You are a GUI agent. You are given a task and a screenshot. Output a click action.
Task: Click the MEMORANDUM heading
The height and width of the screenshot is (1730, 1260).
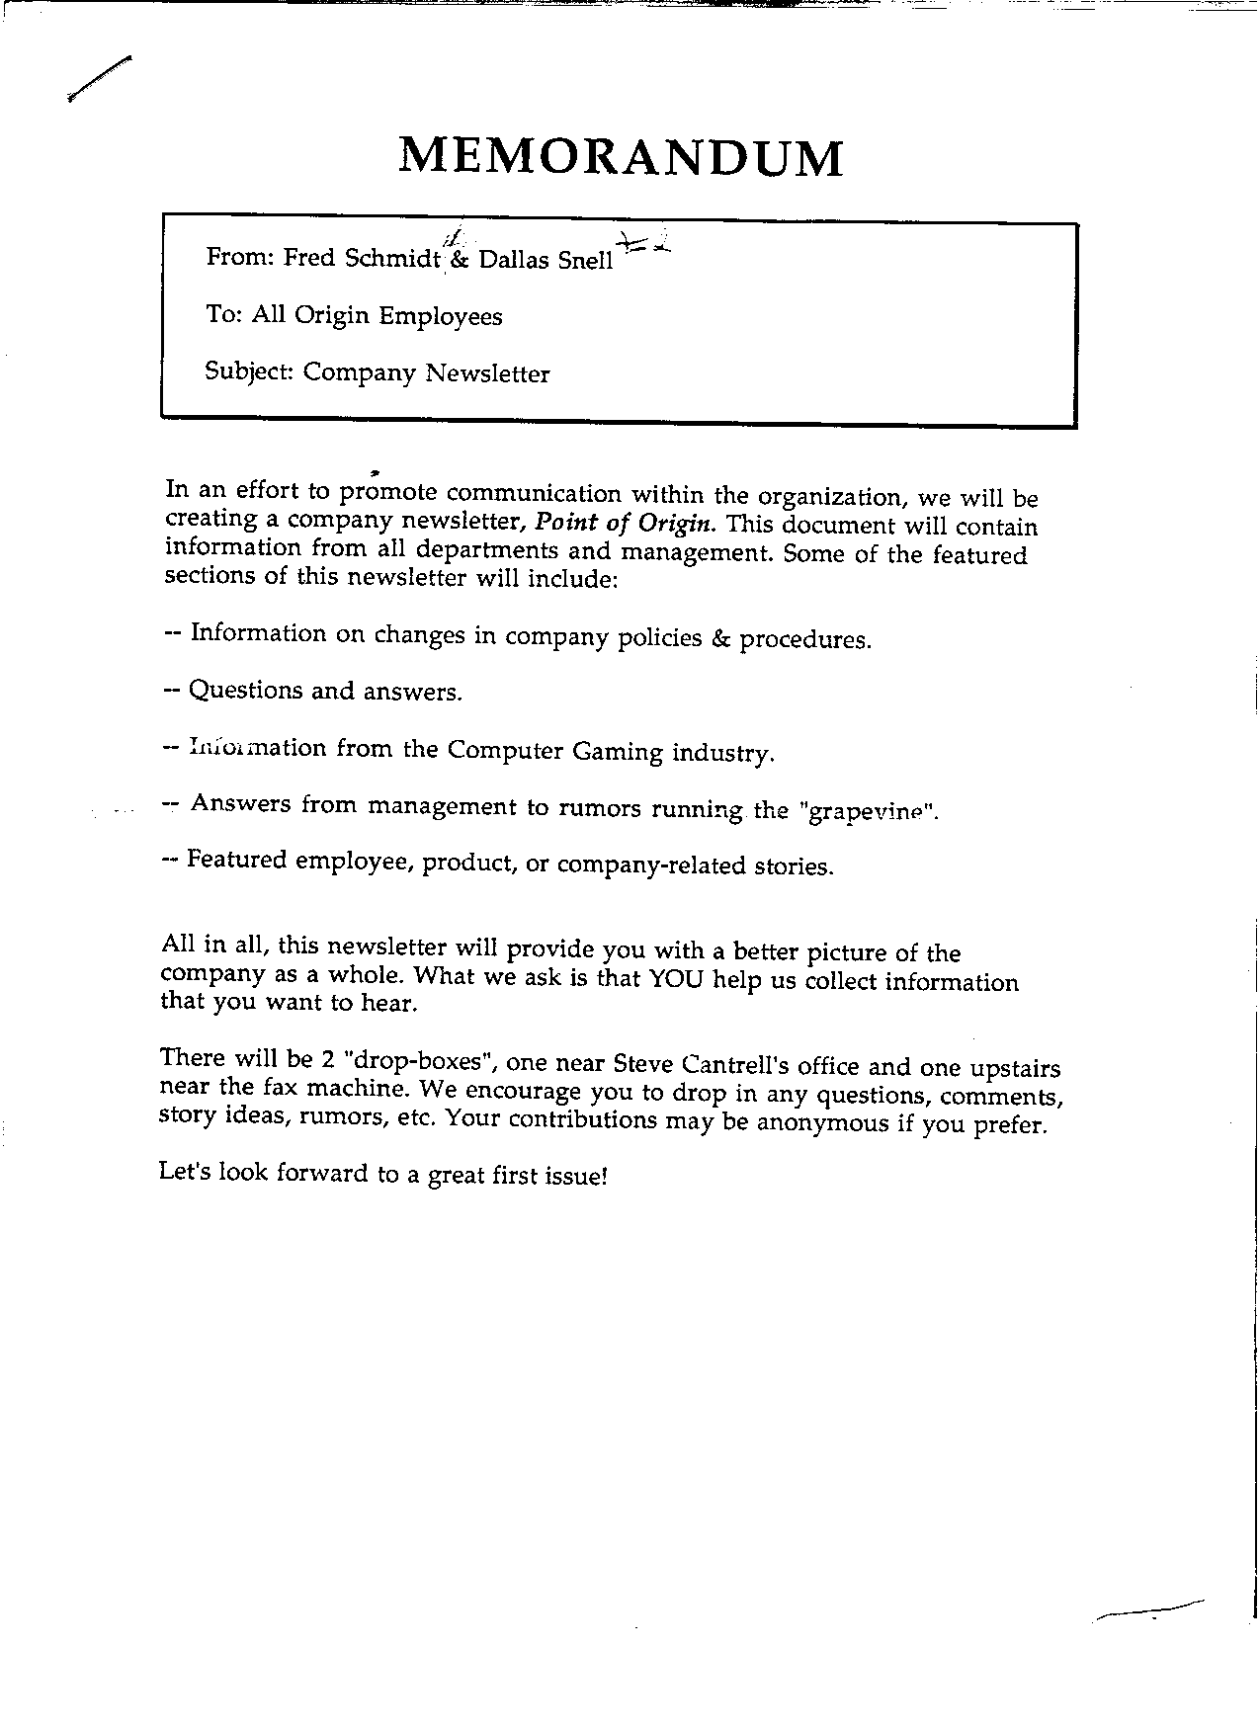(621, 157)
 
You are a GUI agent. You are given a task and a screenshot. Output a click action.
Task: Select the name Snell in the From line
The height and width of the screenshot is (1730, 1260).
(584, 262)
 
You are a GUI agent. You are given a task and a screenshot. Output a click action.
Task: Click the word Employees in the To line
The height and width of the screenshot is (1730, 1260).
(441, 317)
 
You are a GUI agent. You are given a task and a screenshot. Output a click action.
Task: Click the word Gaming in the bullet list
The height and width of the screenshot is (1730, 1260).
(618, 751)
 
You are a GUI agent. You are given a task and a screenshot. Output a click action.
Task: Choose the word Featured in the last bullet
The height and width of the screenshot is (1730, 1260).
(236, 860)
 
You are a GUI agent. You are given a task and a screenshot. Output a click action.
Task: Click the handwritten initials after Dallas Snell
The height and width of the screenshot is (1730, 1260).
(643, 244)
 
